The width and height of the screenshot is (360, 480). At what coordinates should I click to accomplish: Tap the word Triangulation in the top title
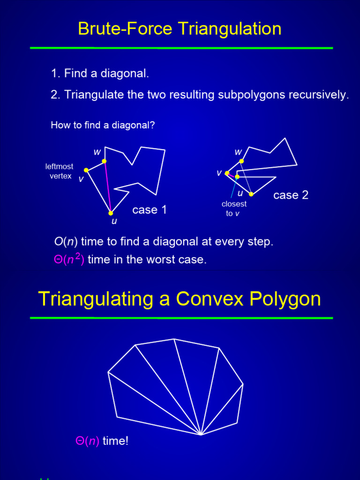click(x=230, y=29)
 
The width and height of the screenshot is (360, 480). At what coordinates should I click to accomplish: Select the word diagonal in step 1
click(x=124, y=74)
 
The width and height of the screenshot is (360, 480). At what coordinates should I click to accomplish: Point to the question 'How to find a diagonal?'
click(x=103, y=126)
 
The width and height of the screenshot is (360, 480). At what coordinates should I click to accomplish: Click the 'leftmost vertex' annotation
click(x=60, y=171)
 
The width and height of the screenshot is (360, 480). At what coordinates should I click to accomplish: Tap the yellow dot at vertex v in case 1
click(x=86, y=170)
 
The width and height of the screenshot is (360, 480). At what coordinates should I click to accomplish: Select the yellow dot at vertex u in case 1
click(x=111, y=213)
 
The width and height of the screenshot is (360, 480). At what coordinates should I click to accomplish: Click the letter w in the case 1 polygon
click(x=97, y=152)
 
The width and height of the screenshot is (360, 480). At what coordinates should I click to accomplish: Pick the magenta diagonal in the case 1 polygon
click(x=107, y=187)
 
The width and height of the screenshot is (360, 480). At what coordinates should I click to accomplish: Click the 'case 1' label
click(x=150, y=210)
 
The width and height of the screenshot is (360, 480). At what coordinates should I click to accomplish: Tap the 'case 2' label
click(x=291, y=195)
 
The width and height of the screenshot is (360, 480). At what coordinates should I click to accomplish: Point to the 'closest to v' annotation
click(x=234, y=209)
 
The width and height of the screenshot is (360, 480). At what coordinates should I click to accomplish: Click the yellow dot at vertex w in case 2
click(x=241, y=161)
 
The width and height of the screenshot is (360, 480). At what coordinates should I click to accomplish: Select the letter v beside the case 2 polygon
click(x=219, y=173)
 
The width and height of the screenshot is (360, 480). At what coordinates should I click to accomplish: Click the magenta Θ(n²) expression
click(x=69, y=259)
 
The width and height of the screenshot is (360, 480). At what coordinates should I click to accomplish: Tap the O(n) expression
click(x=66, y=242)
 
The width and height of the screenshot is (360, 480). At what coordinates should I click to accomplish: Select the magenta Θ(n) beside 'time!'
click(x=87, y=441)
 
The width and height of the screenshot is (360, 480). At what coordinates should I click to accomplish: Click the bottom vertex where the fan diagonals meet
click(x=201, y=435)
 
